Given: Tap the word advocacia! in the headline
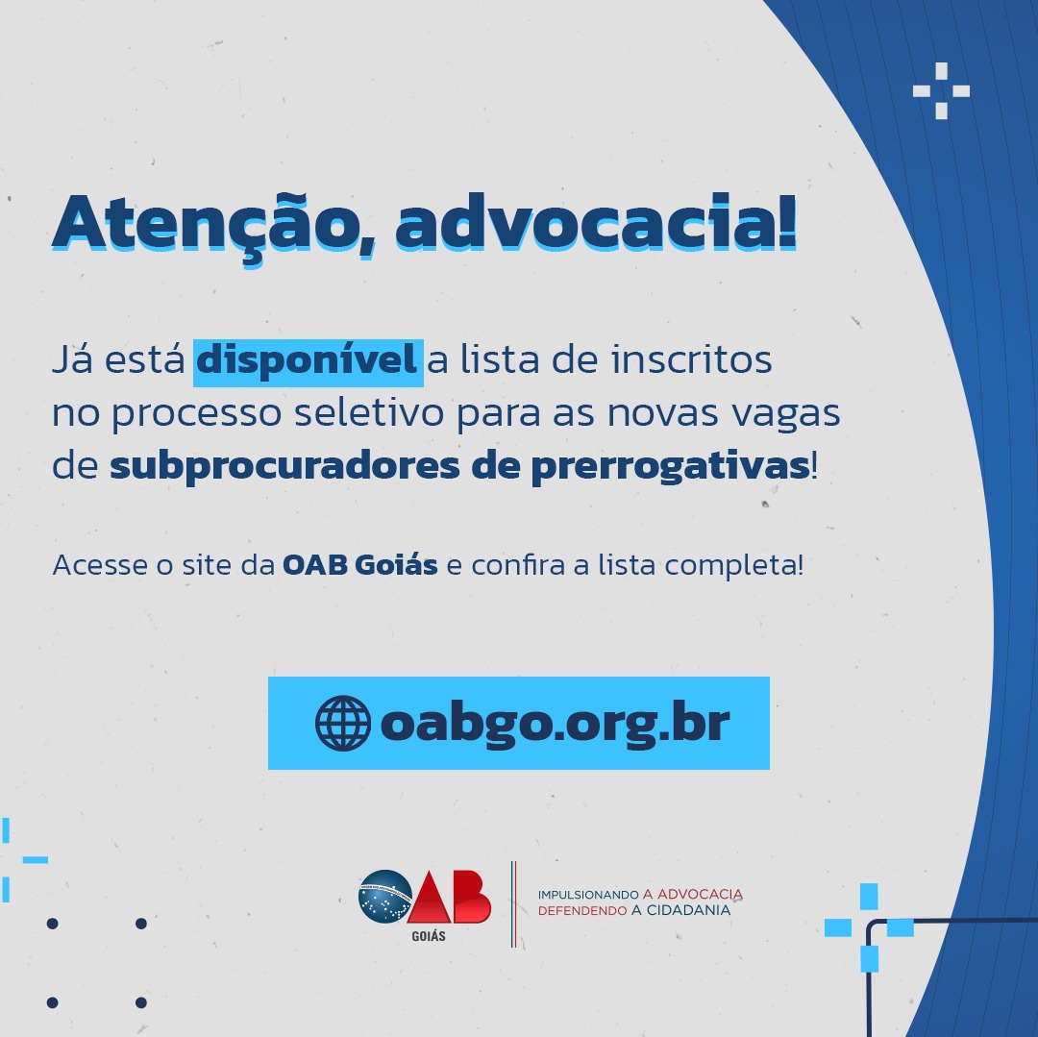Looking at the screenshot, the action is (596, 221).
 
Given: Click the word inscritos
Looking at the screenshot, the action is (691, 359).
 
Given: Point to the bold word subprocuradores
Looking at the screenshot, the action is (284, 466).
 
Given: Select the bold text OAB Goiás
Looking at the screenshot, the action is (360, 564).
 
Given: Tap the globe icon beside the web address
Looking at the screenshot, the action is (343, 723).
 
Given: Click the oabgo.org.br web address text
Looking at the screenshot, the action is (555, 724).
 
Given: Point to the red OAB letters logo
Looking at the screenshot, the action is (449, 897).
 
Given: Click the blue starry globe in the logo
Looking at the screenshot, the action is (384, 897).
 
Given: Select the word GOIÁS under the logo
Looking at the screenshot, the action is (429, 936).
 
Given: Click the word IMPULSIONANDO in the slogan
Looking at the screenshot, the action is (588, 896).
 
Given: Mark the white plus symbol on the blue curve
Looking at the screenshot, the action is (941, 90).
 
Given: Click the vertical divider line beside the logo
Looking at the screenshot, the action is (513, 904).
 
